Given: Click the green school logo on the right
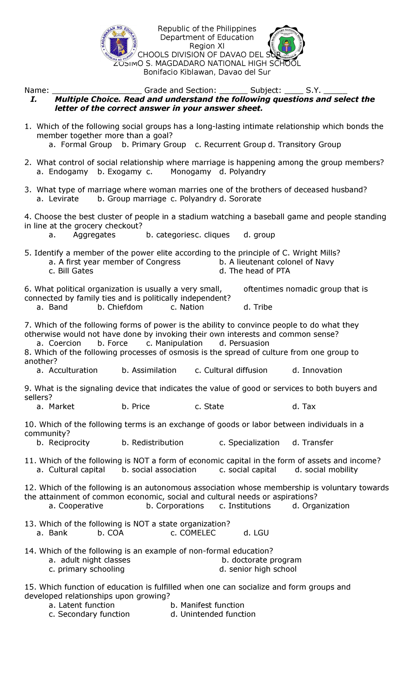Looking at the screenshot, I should pyautogui.click(x=286, y=44).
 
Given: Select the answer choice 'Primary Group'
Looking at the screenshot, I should pyautogui.click(x=158, y=145).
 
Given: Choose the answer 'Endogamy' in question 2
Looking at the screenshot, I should pyautogui.click(x=68, y=172).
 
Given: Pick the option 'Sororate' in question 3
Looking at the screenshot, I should pyautogui.click(x=245, y=199).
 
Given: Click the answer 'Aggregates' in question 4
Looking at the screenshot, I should pyautogui.click(x=94, y=235).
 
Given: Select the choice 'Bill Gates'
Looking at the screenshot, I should pyautogui.click(x=75, y=271).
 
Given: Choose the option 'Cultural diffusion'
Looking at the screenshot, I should pyautogui.click(x=235, y=370).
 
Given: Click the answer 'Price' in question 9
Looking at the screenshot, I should pyautogui.click(x=140, y=407).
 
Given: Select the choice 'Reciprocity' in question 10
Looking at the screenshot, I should pyautogui.click(x=69, y=443).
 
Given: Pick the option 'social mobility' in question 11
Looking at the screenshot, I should pyautogui.click(x=331, y=470).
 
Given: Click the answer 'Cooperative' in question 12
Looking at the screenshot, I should pyautogui.click(x=81, y=506).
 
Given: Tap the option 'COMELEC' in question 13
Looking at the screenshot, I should pyautogui.click(x=197, y=533).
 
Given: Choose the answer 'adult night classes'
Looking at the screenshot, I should pyautogui.click(x=95, y=560).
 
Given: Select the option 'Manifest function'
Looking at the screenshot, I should pyautogui.click(x=212, y=605).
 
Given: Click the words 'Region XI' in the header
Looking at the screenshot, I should pyautogui.click(x=207, y=46).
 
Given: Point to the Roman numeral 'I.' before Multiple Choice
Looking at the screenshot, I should pyautogui.click(x=33, y=99).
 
